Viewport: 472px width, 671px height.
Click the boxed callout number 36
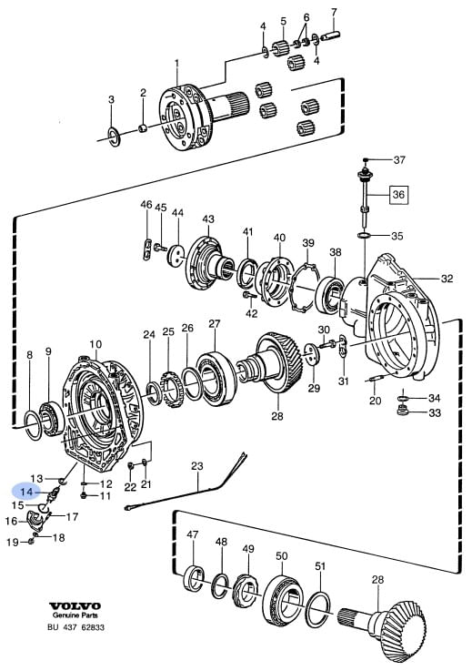(398, 195)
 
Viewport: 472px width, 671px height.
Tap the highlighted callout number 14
(26, 493)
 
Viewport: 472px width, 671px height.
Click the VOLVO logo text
(75, 606)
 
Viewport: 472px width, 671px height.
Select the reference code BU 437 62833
(75, 627)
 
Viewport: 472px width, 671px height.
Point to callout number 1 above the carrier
(177, 64)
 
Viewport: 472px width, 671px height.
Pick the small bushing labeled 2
(144, 127)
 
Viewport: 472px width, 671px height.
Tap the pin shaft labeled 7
(331, 36)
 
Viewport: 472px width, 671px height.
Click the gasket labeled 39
(305, 289)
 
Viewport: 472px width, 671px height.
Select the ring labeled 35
(364, 236)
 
